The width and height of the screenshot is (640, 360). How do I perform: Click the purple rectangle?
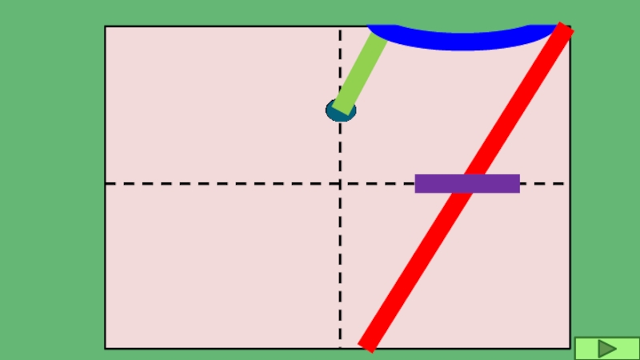click(467, 183)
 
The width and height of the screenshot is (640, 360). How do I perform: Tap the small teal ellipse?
click(341, 110)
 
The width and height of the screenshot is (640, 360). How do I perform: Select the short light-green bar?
click(360, 71)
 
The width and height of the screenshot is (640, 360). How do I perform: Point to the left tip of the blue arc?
click(370, 29)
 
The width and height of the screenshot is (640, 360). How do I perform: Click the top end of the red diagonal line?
click(566, 29)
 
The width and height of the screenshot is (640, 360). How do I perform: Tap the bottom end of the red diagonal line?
click(366, 346)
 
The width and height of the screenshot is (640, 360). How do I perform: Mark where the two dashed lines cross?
click(340, 183)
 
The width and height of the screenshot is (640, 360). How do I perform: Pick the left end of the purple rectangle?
click(416, 183)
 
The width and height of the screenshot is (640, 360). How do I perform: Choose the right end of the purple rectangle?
click(519, 183)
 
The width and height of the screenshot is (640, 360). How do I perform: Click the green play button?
click(606, 348)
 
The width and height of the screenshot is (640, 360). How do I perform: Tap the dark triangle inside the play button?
click(607, 348)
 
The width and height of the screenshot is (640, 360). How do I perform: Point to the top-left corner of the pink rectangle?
click(106, 26)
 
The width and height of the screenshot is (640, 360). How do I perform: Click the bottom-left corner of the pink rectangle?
click(106, 348)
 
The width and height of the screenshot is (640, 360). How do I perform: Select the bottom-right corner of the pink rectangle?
click(570, 348)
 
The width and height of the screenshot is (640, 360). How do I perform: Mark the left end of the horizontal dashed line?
click(107, 183)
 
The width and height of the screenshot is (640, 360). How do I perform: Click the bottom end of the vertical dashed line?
click(340, 346)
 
